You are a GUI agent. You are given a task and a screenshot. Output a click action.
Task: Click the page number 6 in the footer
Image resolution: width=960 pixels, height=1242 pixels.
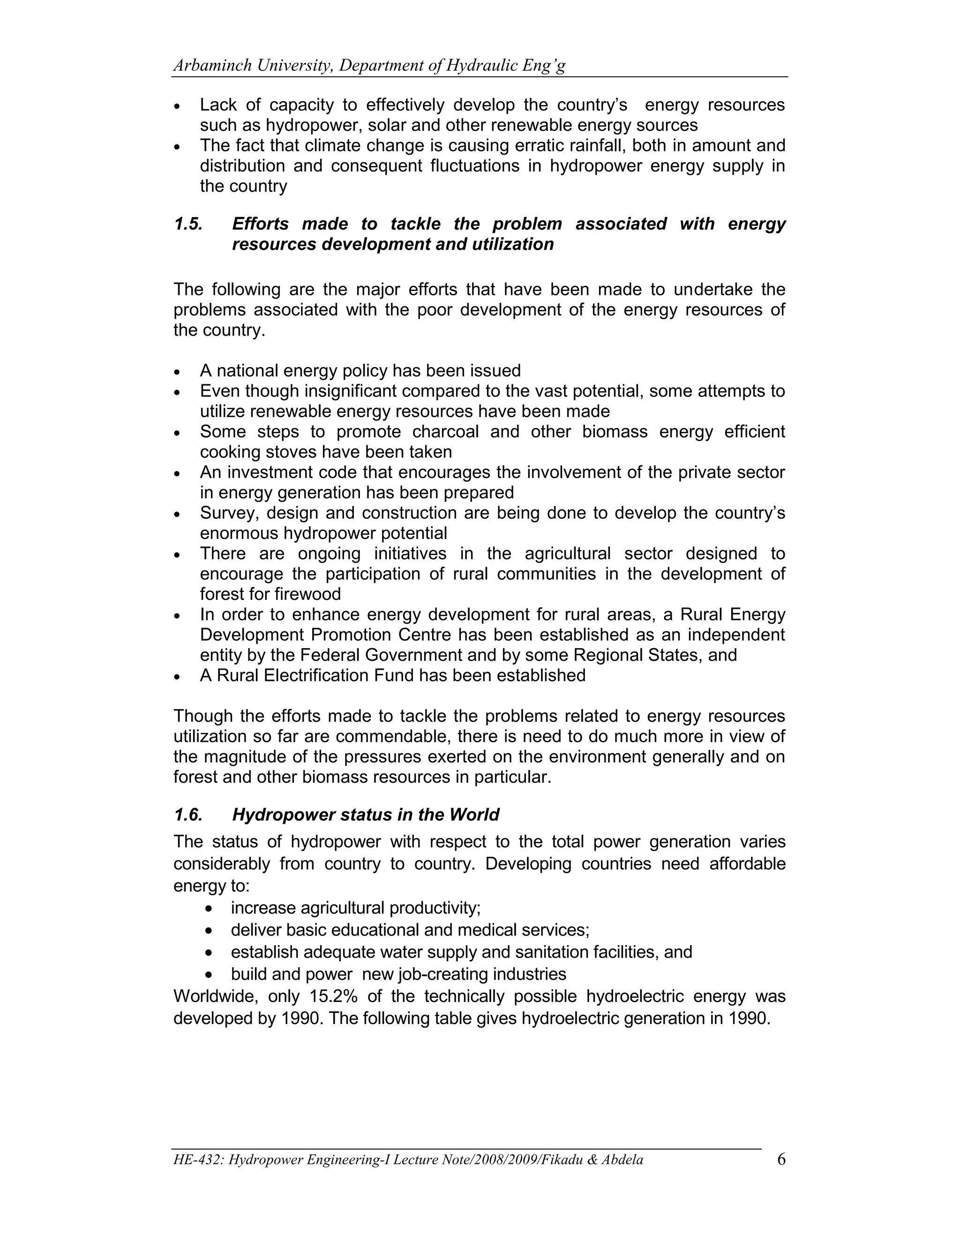coord(781,1159)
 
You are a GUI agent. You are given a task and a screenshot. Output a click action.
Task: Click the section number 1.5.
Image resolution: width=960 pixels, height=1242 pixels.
coord(188,224)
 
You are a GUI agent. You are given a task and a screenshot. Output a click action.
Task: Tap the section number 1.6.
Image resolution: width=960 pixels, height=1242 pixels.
coord(188,815)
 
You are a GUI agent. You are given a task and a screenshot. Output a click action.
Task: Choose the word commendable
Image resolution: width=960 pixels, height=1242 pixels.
coord(392,736)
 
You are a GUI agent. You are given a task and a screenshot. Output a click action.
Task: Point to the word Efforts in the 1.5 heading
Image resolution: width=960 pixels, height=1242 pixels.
coord(261,224)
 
